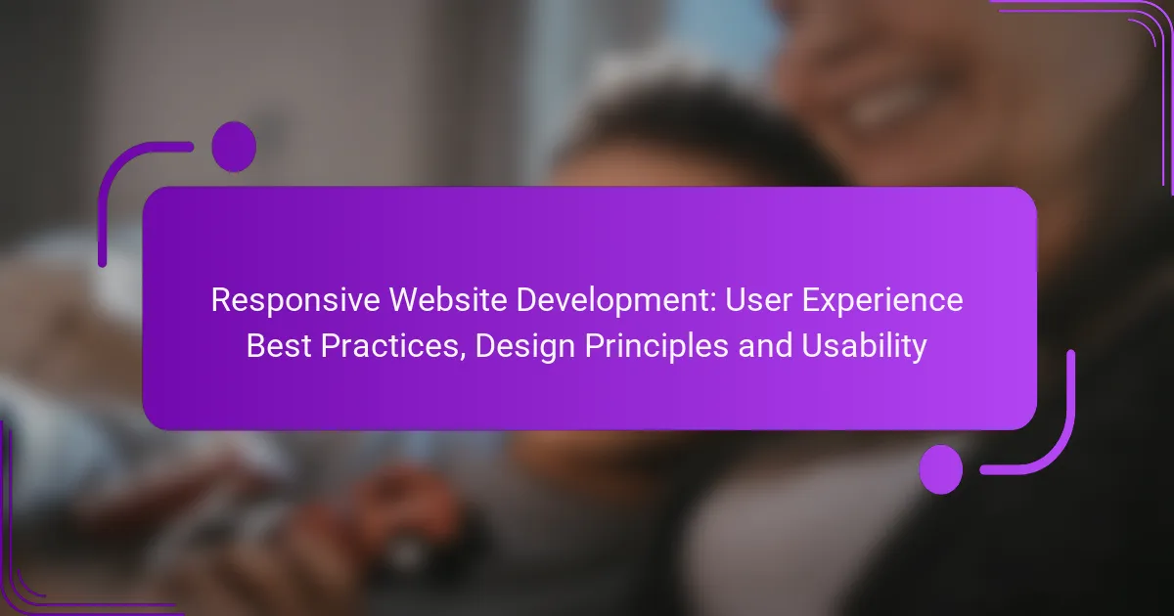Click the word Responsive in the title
[295, 301]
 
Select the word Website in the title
[448, 300]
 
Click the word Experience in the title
[882, 301]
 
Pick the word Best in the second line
[278, 346]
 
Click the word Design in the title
[524, 347]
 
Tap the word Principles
[656, 347]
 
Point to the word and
[765, 346]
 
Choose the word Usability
[864, 347]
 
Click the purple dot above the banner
[234, 147]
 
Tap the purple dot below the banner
[941, 469]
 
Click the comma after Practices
[462, 357]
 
